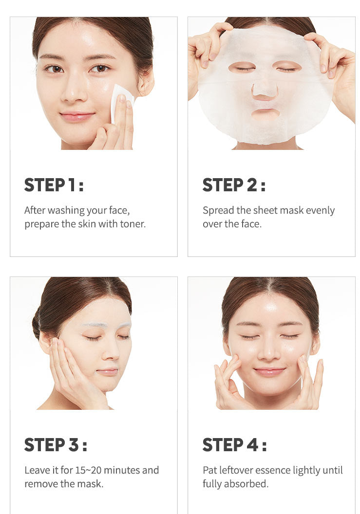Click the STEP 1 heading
point(54,185)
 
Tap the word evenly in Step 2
point(321,210)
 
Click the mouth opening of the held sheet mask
point(265,114)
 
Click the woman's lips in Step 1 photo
point(77,116)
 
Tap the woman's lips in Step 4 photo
point(269,371)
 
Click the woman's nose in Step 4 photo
point(269,352)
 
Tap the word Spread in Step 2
point(218,210)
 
